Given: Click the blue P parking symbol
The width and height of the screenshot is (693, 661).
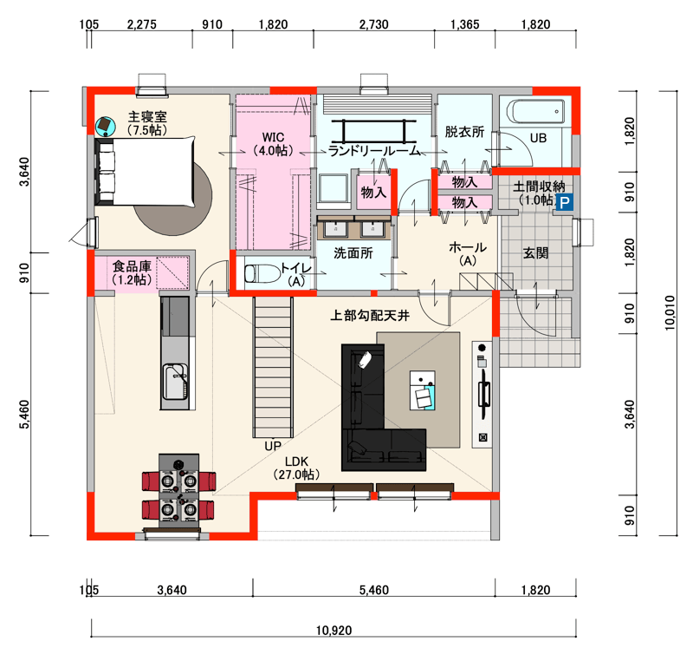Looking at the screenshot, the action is (x=565, y=203).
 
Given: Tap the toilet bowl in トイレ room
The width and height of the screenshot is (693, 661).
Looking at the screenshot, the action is (x=262, y=274).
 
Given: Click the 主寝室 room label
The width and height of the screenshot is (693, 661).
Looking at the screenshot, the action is (x=147, y=117).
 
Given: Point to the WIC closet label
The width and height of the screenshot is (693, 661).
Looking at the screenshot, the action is (x=273, y=137).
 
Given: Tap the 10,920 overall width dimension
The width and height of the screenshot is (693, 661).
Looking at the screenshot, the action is (x=334, y=630).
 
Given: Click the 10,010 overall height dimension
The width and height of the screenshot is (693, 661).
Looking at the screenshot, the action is (x=670, y=313).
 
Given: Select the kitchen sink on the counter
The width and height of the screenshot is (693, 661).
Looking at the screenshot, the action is (x=176, y=382).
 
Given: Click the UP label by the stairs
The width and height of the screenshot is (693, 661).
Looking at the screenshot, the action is (x=273, y=446).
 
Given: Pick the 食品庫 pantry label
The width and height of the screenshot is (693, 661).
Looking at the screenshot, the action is (x=132, y=266).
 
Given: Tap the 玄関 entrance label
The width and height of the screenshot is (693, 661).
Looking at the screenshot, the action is (x=535, y=253).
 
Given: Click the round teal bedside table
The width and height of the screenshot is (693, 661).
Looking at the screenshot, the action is (x=106, y=126).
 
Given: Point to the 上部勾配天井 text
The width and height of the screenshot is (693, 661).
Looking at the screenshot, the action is (x=370, y=316).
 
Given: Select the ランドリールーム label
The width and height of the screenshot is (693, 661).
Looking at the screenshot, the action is (x=374, y=151).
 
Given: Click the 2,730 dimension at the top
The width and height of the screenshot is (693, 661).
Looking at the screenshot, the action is (x=374, y=24).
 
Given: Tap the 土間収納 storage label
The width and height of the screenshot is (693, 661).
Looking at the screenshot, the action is (x=539, y=187).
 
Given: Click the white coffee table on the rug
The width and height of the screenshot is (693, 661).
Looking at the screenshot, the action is (x=423, y=390).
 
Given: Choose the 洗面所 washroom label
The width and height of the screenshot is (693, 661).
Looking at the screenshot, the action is (x=353, y=253).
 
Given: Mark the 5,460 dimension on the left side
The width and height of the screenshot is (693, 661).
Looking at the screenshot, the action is (x=24, y=414).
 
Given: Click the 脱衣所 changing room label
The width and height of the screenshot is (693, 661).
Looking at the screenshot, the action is (x=464, y=131).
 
